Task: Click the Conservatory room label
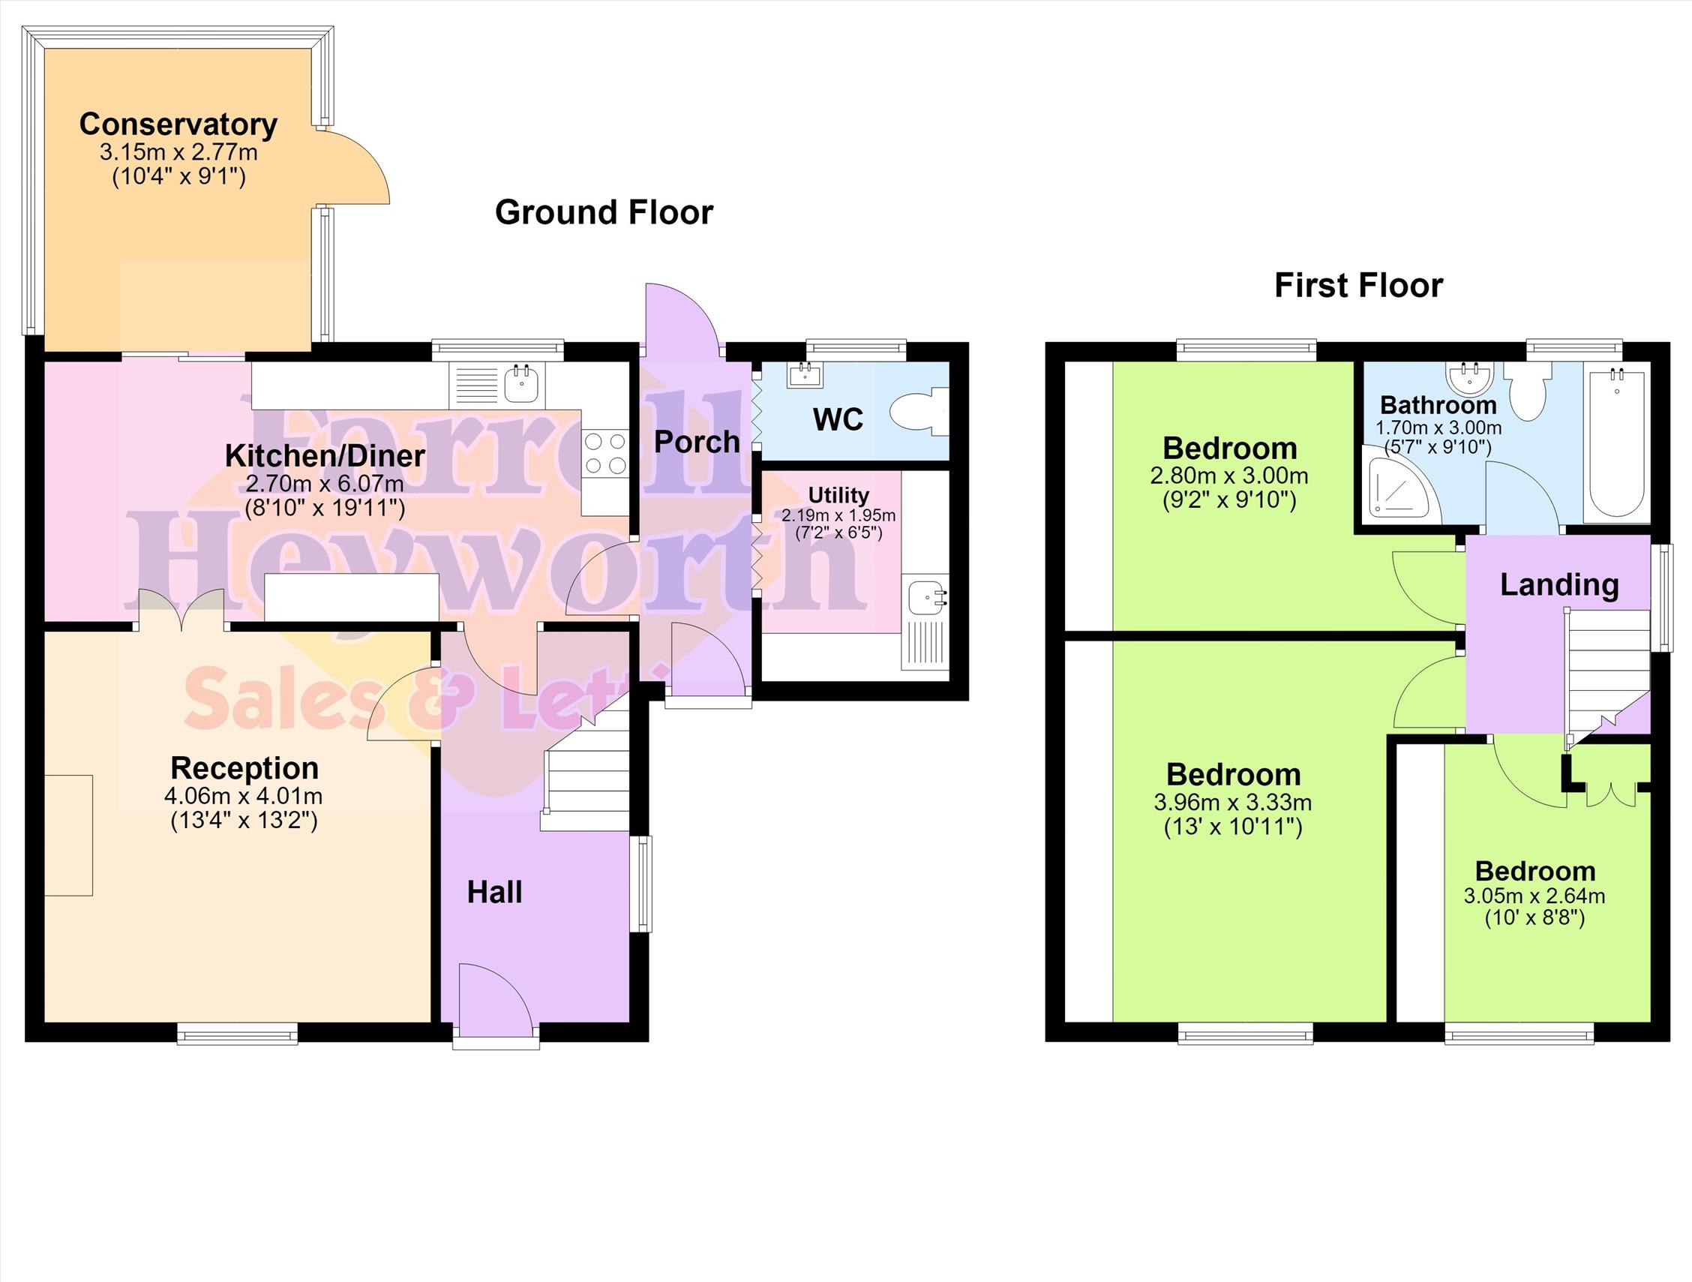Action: tap(178, 124)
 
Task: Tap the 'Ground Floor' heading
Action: tap(604, 212)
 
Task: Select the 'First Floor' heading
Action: tap(1358, 285)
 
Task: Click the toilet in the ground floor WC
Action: tap(919, 413)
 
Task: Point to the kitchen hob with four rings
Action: tap(605, 454)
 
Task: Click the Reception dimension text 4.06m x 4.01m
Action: tap(243, 796)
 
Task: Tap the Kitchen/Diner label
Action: tap(325, 456)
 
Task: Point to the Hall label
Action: tap(495, 892)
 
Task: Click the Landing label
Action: tap(1560, 584)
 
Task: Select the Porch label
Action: tap(697, 441)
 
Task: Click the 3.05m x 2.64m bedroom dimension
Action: tap(1534, 896)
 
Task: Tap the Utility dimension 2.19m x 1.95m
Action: tap(838, 515)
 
